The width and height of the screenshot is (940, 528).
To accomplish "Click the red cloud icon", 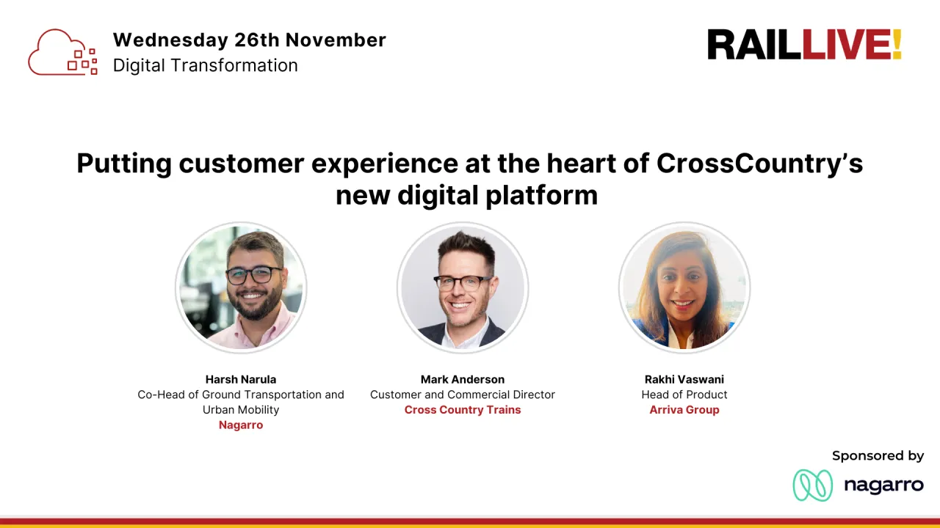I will coord(62,52).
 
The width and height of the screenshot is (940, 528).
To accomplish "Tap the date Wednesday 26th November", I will coord(249,40).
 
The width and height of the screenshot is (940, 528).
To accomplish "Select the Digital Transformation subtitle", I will coord(205,65).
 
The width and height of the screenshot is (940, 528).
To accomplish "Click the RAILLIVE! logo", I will coord(803,45).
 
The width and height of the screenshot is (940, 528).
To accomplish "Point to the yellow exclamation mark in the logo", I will coord(896,45).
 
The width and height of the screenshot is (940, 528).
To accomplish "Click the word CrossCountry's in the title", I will coord(759,163).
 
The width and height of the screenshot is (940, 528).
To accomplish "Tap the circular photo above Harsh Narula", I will coord(241,287).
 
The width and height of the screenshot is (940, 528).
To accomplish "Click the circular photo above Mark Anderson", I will coord(463,287).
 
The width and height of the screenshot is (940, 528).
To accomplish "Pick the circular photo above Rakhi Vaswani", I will coord(684,287).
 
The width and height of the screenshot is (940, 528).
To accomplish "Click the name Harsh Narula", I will coord(241,379).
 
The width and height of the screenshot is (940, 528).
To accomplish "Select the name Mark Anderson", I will coord(463,379).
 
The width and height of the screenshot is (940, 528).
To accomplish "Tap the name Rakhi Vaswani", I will coord(684,379).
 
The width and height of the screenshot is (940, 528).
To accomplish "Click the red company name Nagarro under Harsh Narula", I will coord(241,425).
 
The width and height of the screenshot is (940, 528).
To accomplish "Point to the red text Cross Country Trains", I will coord(463,410).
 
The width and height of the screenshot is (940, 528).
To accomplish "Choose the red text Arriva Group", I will coord(684,410).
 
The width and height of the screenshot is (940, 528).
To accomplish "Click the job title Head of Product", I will coord(684,395).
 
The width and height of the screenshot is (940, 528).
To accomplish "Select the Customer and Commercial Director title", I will coord(463,395).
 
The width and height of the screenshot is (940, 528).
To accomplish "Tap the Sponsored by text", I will coord(878,456).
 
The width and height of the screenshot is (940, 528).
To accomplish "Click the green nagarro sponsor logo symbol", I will coord(812,485).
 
